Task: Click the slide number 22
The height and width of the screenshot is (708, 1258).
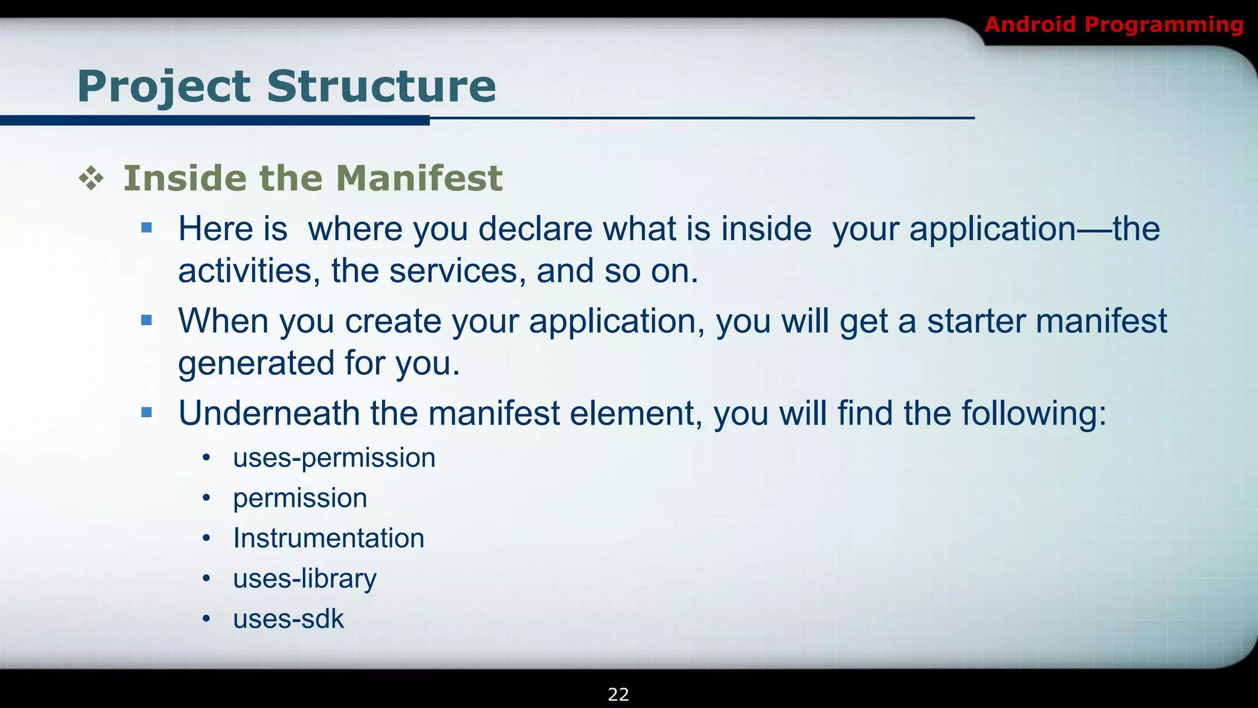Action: [x=618, y=694]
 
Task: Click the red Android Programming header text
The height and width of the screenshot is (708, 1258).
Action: [x=1113, y=25]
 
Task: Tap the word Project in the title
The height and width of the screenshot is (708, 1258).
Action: [x=163, y=86]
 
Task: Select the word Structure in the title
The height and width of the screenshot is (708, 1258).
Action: [x=381, y=86]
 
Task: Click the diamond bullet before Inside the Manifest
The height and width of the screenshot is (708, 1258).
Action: [x=91, y=179]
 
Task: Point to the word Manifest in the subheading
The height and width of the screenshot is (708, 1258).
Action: [x=419, y=178]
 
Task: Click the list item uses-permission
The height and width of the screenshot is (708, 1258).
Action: [x=334, y=458]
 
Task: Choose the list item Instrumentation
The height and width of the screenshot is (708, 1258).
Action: [x=328, y=538]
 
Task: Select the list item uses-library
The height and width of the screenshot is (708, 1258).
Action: [x=304, y=579]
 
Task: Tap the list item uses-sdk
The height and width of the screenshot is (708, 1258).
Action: [x=288, y=619]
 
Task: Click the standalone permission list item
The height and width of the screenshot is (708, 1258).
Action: [x=300, y=498]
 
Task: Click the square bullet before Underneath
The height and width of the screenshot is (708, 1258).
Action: [x=146, y=412]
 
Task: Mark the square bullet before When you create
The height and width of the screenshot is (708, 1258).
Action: [x=146, y=320]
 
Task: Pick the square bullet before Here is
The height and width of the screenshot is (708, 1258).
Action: [x=146, y=228]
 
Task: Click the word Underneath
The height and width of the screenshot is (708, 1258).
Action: [x=268, y=413]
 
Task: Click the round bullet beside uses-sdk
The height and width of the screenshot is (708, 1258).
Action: [x=206, y=619]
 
